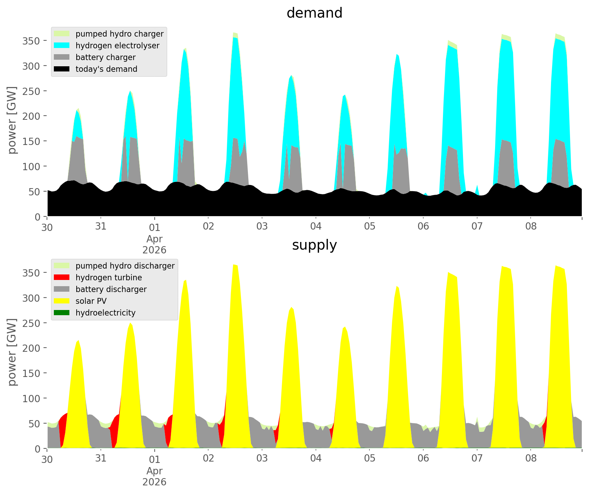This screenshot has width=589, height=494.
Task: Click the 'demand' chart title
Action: pyautogui.click(x=314, y=13)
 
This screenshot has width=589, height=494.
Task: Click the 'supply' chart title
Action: pyautogui.click(x=314, y=245)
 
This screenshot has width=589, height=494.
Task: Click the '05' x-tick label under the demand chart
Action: pyautogui.click(x=369, y=226)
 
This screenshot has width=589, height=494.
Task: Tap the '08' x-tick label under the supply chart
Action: pyautogui.click(x=531, y=458)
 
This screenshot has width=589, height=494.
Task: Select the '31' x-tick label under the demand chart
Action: pyautogui.click(x=101, y=226)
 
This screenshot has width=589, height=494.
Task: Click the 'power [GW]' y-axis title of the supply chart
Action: pyautogui.click(x=12, y=352)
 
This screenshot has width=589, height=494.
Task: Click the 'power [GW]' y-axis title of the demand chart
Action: pyautogui.click(x=12, y=120)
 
